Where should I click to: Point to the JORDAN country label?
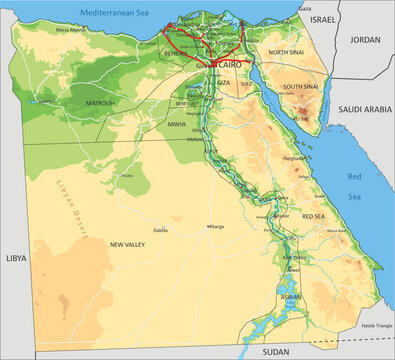(x=365, y=39)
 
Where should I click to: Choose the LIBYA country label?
(x=17, y=257)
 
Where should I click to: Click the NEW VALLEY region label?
(x=129, y=244)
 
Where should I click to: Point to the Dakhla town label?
(x=160, y=230)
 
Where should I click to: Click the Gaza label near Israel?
(x=304, y=7)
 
